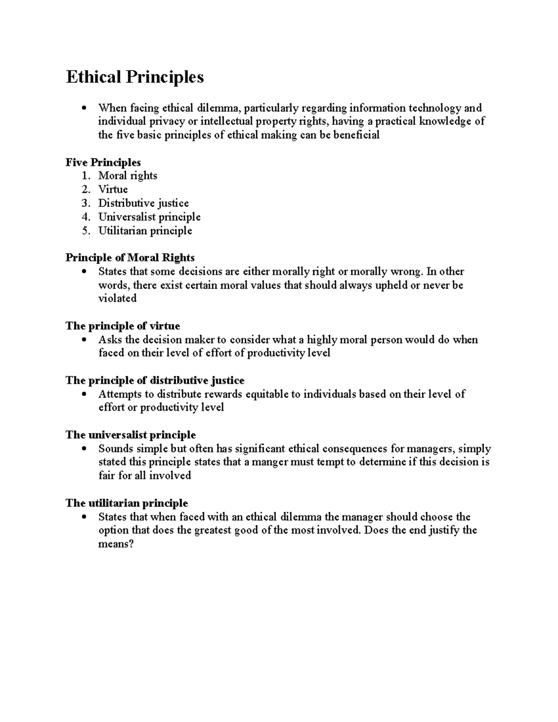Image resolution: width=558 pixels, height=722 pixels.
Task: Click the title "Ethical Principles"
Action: click(135, 77)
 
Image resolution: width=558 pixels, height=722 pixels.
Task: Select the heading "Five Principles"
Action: click(103, 162)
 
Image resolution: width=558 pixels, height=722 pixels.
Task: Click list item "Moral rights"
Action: click(127, 176)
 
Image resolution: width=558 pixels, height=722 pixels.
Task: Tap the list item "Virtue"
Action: click(113, 189)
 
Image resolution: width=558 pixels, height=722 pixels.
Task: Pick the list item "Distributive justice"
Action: click(143, 203)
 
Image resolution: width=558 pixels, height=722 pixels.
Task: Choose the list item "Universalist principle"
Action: click(149, 217)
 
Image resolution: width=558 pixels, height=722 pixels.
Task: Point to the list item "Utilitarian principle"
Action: click(145, 231)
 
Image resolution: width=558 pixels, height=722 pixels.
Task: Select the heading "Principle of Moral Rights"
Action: click(130, 258)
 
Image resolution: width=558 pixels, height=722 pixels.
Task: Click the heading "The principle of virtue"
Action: click(123, 326)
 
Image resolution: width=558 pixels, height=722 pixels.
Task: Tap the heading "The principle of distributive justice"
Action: click(155, 380)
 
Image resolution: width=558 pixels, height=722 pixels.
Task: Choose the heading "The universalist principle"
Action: click(131, 435)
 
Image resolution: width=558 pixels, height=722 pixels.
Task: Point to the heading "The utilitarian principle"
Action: click(126, 503)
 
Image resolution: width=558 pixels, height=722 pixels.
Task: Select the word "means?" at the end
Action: click(116, 544)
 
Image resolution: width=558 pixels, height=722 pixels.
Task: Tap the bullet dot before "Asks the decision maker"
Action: click(84, 340)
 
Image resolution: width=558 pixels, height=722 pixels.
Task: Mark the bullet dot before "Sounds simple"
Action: click(84, 449)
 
